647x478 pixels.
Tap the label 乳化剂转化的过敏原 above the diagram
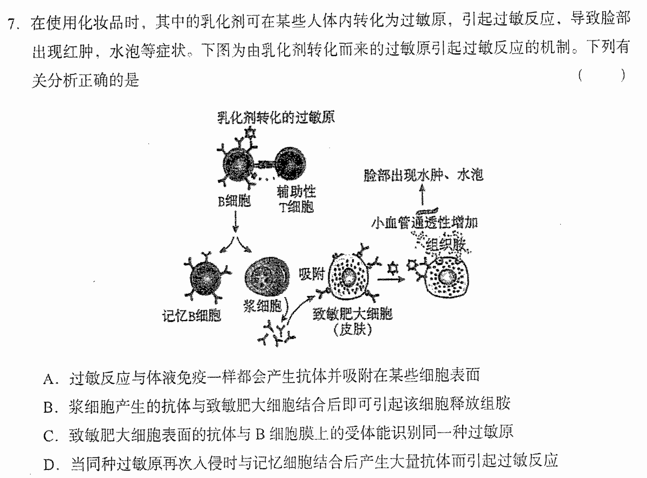click(276, 117)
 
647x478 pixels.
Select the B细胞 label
click(234, 200)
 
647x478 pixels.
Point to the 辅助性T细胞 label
click(296, 199)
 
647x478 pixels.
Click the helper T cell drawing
click(291, 163)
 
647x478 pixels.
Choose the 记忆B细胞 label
click(191, 315)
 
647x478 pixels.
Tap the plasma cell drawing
click(267, 276)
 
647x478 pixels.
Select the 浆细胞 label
click(262, 306)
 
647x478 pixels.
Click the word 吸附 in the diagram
click(311, 274)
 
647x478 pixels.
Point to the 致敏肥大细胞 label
click(353, 314)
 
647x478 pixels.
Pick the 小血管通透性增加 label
click(424, 223)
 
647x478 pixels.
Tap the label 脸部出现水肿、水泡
click(423, 175)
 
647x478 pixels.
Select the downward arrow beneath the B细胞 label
click(235, 221)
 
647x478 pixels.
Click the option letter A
click(49, 379)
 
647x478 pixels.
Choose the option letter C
click(49, 437)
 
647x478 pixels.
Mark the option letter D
click(49, 465)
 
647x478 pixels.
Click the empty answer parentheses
click(601, 75)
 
